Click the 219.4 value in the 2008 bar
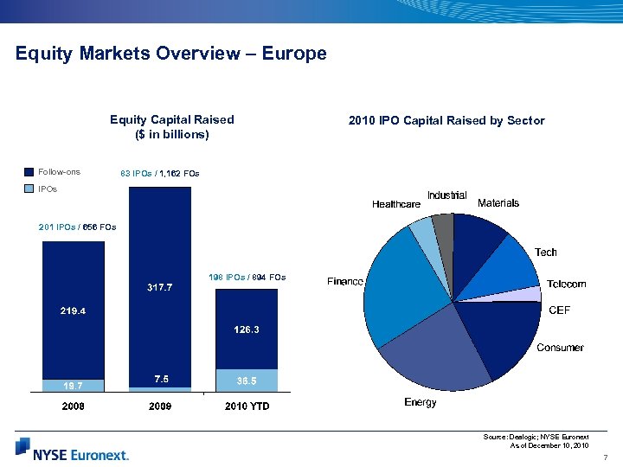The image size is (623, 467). pos(73,310)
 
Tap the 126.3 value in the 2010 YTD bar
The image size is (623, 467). pos(247,329)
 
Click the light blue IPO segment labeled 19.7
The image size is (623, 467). pos(73,386)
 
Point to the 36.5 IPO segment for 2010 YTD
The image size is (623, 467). pos(247,380)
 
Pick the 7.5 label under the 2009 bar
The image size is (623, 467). pos(159,379)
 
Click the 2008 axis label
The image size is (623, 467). pos(73,406)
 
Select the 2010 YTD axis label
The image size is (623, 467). pos(247,406)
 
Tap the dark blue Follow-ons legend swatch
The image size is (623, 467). pos(29,173)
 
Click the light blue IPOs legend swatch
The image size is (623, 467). pos(29,189)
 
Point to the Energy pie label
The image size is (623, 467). pos(421,402)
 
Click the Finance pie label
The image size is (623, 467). pos(344,282)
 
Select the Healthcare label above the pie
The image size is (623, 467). pos(395,204)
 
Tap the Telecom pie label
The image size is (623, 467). pos(566,284)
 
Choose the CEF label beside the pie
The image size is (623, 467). pos(560,310)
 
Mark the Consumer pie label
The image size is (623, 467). pos(560,348)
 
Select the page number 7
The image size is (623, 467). pos(606,457)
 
